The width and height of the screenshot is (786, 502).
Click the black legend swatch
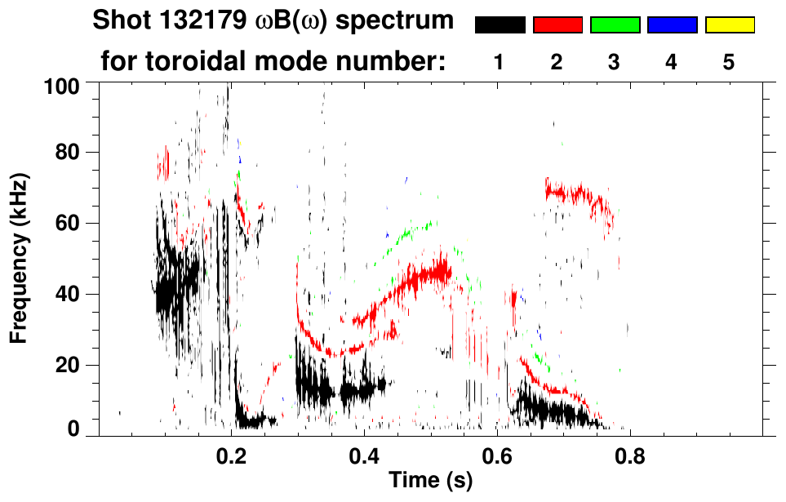coord(500,25)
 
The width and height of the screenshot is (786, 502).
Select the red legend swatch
coord(557,25)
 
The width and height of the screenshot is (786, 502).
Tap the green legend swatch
coord(615,25)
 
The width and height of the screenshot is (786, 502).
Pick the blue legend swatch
coord(672,25)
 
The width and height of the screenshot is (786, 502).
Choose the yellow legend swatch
coord(730,25)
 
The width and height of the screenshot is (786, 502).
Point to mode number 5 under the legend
coord(729,62)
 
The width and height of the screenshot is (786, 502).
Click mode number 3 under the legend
coord(615,62)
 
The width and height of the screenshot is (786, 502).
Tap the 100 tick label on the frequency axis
coord(64,84)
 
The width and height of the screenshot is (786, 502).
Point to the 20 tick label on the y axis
coord(69,365)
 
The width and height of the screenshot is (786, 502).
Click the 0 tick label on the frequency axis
coord(73,429)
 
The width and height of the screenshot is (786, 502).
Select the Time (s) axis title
coord(430,482)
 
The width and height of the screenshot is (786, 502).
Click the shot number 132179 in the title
coord(193,20)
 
